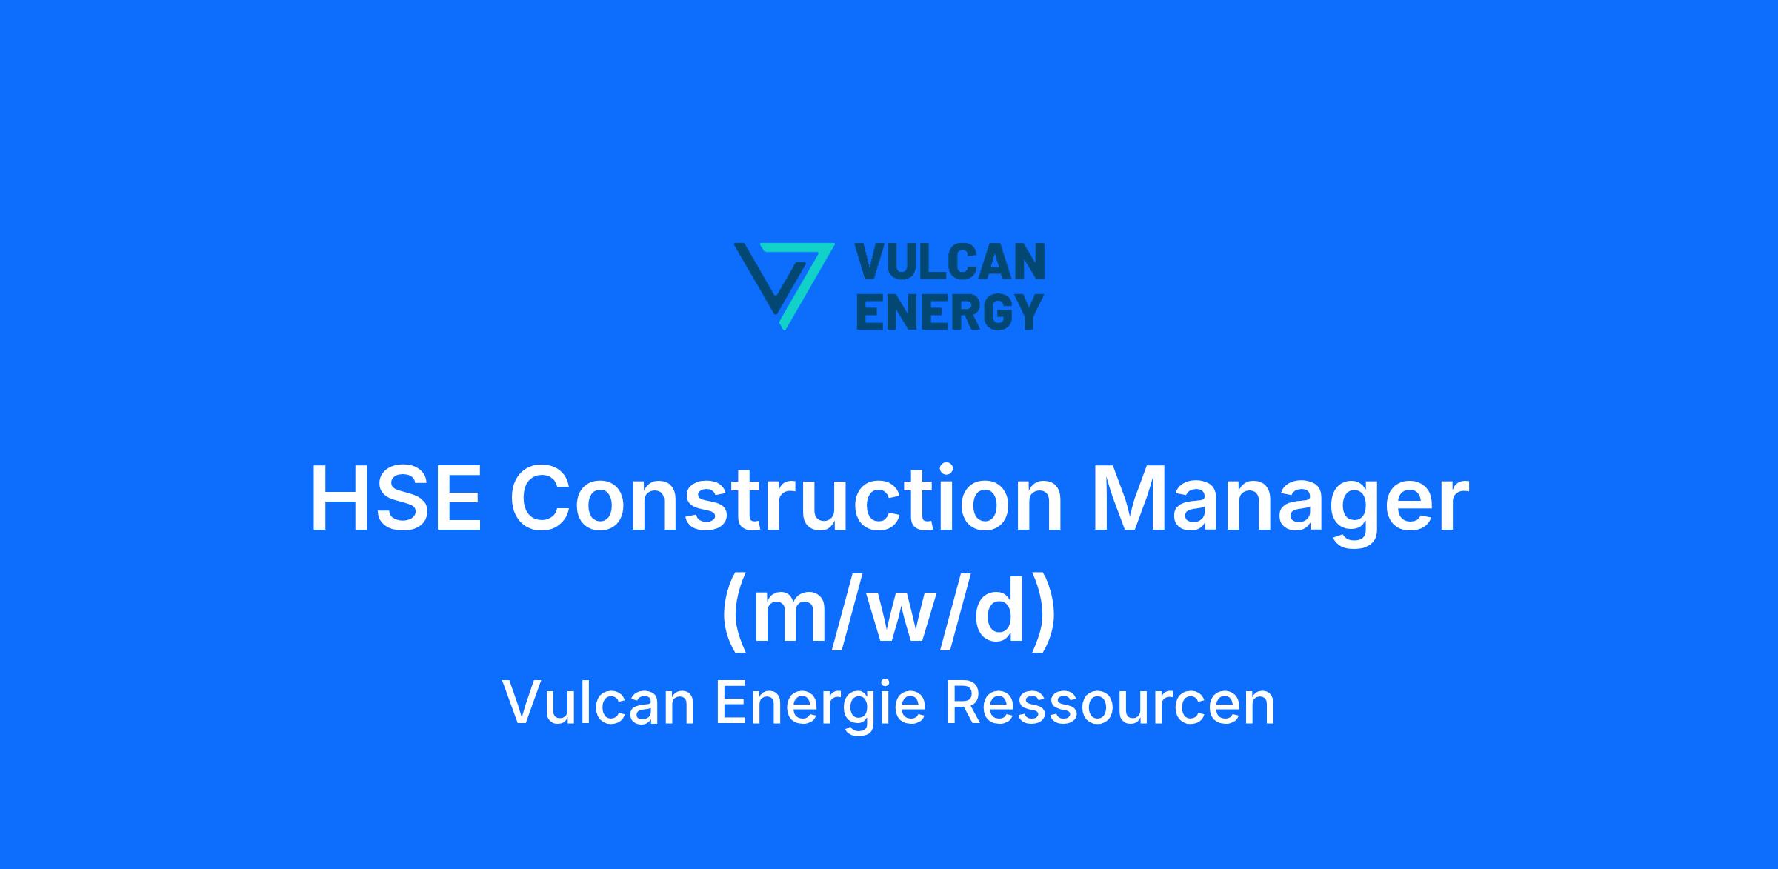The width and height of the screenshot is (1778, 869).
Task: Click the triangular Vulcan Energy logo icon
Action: pyautogui.click(x=784, y=285)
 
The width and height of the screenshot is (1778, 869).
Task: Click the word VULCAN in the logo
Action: pyautogui.click(x=950, y=262)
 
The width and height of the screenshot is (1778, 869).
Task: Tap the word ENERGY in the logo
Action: pyautogui.click(x=950, y=311)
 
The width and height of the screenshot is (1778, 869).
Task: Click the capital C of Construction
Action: pyautogui.click(x=543, y=499)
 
